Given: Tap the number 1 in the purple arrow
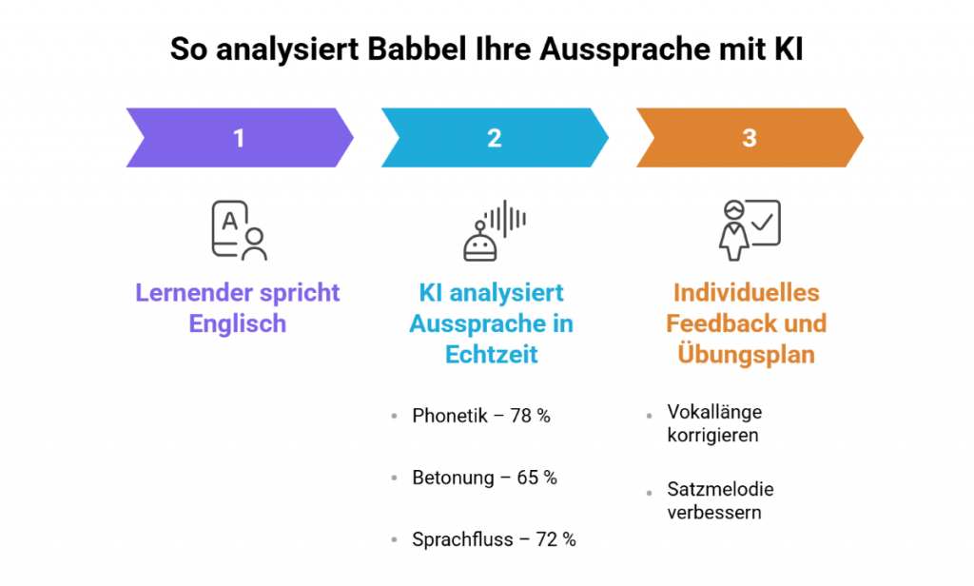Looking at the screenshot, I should [239, 138].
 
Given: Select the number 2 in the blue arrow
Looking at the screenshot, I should [494, 138].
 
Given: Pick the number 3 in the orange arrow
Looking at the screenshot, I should [750, 138].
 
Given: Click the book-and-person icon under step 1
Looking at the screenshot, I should [239, 230].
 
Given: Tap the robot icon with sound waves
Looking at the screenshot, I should [494, 230].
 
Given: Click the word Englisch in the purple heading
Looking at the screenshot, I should [238, 323].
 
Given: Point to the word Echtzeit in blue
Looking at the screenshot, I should [492, 354].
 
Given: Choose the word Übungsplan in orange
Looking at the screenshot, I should [747, 354].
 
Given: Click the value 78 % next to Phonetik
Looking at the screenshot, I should [530, 416].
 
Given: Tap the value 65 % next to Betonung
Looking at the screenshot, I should [537, 478].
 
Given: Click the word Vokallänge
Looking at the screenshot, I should [714, 413].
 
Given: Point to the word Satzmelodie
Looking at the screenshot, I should [720, 490].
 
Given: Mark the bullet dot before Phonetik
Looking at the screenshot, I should [394, 417].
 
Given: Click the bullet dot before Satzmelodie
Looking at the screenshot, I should [649, 491].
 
